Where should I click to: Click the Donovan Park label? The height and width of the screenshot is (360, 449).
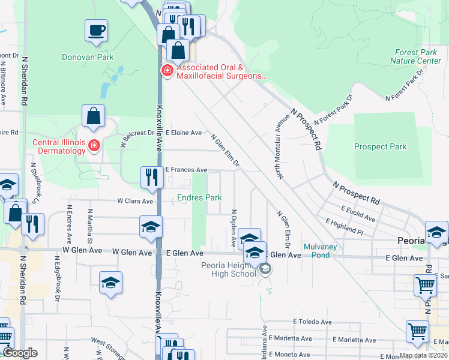pyautogui.click(x=88, y=58)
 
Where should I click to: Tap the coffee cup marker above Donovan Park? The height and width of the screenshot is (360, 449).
pyautogui.click(x=96, y=31)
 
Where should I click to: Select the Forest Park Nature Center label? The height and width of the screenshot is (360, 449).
pyautogui.click(x=415, y=57)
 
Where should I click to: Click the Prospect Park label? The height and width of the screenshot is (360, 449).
pyautogui.click(x=380, y=146)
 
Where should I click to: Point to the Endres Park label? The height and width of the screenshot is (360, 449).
pyautogui.click(x=199, y=197)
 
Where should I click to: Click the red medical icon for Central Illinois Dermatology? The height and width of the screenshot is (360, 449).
pyautogui.click(x=94, y=145)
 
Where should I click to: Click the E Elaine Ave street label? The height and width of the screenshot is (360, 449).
pyautogui.click(x=184, y=133)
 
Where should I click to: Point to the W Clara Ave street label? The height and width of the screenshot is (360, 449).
pyautogui.click(x=135, y=201)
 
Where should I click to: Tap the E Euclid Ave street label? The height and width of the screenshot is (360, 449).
pyautogui.click(x=358, y=212)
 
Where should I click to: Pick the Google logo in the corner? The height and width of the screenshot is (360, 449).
pyautogui.click(x=20, y=353)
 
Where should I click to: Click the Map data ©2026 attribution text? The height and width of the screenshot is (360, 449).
pyautogui.click(x=423, y=355)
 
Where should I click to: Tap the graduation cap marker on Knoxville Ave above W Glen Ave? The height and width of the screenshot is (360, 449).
pyautogui.click(x=151, y=227)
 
